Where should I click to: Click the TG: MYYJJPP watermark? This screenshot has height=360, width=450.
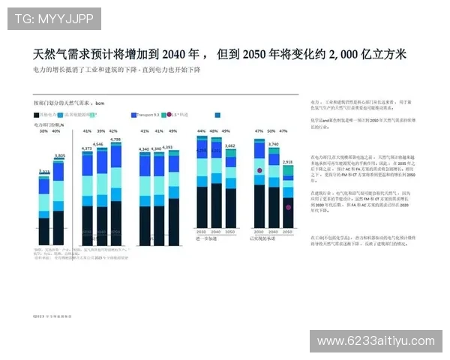[53, 17]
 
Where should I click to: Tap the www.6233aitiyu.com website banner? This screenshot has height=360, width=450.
[376, 341]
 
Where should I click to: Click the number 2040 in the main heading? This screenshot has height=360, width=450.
[173, 55]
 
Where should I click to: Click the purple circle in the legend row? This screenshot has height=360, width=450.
[169, 115]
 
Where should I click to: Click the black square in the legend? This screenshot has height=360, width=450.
[37, 115]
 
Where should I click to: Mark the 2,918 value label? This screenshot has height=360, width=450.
[288, 161]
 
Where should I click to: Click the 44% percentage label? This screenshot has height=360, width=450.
[202, 130]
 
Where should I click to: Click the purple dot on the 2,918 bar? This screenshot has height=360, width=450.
[288, 207]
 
